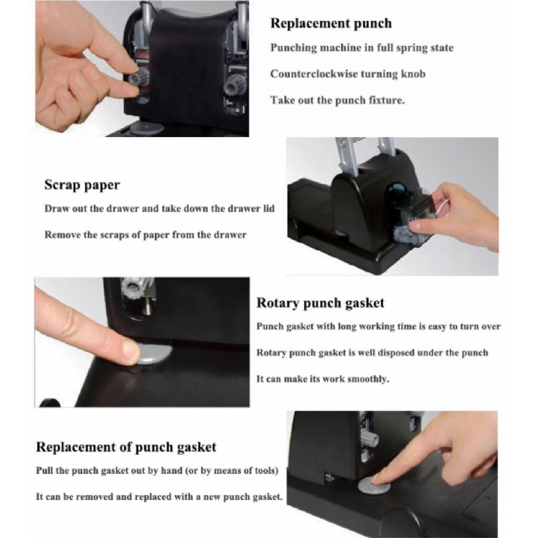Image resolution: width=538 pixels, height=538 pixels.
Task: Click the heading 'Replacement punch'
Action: tap(331, 24)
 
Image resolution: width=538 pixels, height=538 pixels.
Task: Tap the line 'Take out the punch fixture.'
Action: tap(337, 100)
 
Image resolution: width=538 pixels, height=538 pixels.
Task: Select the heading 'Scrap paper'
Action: tap(82, 185)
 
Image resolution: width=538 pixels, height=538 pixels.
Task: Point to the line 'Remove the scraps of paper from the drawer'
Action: tap(146, 235)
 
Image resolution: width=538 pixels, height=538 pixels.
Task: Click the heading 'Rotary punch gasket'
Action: tap(320, 303)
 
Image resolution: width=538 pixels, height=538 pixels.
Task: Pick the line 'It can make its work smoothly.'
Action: tap(323, 379)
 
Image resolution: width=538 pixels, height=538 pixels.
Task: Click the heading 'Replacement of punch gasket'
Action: tap(126, 447)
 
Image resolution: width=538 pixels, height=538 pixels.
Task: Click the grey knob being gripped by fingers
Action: tap(139, 78)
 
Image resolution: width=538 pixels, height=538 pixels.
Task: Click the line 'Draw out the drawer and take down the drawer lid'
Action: tap(160, 209)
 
